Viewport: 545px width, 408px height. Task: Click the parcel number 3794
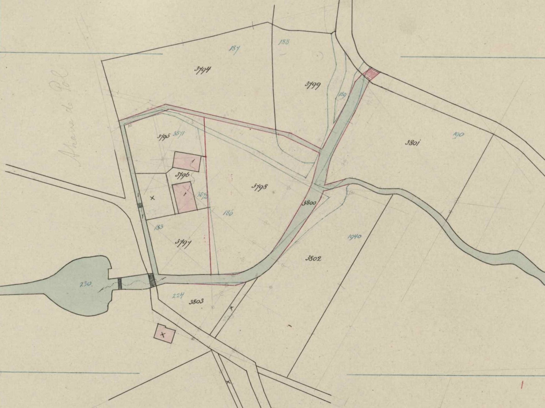click(202, 70)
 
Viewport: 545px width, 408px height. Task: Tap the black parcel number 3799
click(313, 85)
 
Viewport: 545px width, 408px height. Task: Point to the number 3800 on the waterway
click(309, 203)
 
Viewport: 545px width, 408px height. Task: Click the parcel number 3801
click(412, 143)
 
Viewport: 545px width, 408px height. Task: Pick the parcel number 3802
click(313, 258)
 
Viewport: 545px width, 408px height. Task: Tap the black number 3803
click(196, 301)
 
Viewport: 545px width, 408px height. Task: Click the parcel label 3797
click(183, 242)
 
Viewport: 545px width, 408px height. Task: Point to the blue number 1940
click(354, 237)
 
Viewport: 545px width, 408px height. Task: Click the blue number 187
click(234, 49)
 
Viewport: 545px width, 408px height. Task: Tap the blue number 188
click(284, 42)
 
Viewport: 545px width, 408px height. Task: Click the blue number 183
click(158, 227)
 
